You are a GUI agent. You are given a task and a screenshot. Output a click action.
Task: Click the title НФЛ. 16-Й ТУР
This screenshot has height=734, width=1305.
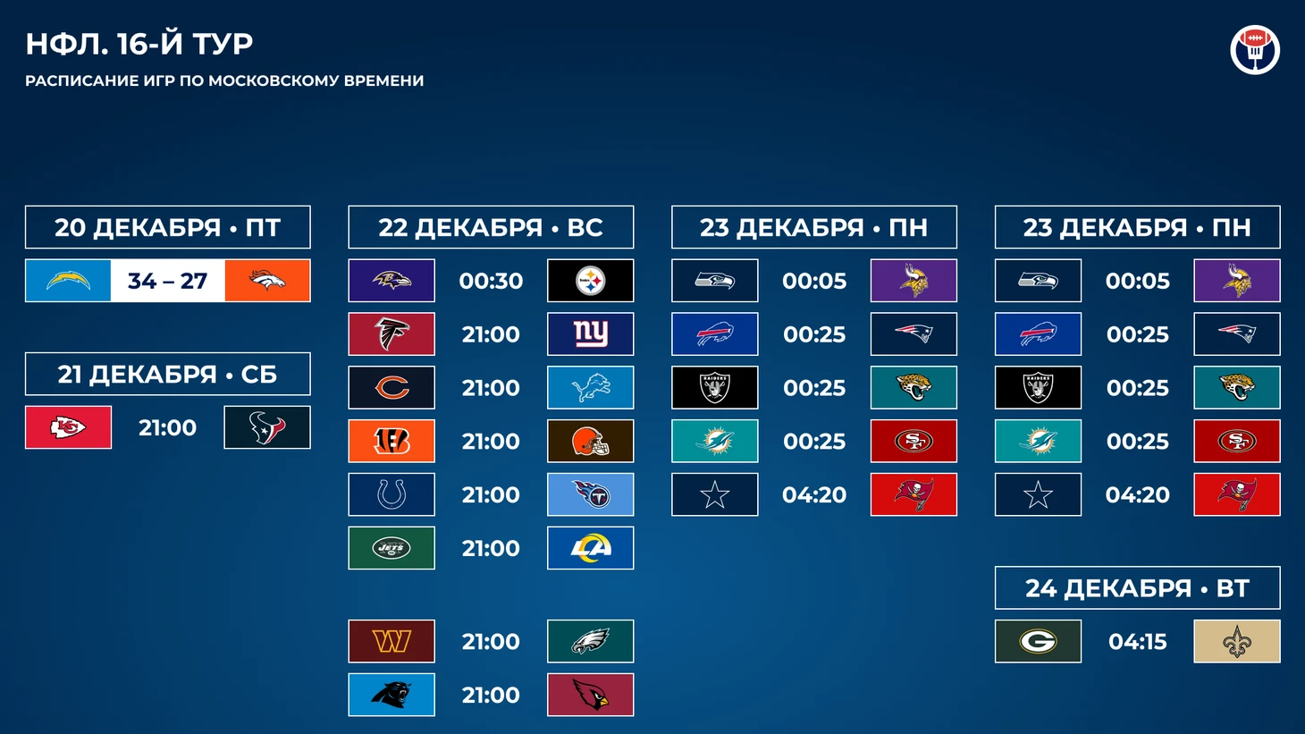[139, 44]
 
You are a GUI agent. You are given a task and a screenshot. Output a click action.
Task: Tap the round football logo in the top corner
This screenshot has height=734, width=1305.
[1255, 49]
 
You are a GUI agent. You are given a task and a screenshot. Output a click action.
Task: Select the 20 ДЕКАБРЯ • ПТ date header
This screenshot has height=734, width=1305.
[168, 227]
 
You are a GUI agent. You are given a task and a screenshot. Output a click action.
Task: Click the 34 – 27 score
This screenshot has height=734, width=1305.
[168, 281]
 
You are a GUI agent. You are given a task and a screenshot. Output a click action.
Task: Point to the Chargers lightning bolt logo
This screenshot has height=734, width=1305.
[68, 281]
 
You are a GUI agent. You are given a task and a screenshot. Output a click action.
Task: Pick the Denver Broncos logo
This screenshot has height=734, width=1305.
[267, 281]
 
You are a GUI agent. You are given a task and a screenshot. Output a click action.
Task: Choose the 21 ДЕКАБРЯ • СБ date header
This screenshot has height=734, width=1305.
[168, 374]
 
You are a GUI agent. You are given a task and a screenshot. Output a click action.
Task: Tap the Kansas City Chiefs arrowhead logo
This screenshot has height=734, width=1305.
[68, 427]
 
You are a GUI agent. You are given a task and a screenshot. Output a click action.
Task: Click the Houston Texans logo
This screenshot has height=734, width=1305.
[267, 427]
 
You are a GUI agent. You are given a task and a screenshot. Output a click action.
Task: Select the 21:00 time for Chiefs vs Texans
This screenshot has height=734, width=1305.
[168, 427]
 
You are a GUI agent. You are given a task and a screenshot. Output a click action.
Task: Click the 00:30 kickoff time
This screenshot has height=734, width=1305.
[491, 281]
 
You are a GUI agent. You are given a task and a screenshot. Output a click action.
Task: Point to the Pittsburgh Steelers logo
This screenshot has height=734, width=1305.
[591, 281]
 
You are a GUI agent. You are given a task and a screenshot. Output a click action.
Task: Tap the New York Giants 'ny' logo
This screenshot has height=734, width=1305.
[591, 334]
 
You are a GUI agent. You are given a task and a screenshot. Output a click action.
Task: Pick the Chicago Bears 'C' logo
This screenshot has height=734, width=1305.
[391, 388]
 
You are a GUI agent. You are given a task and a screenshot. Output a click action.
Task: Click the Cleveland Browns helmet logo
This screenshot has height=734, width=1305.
[591, 441]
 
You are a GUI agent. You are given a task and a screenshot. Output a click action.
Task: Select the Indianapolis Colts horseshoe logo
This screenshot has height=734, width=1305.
[391, 494]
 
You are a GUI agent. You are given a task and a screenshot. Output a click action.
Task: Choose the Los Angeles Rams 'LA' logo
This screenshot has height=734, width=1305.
[591, 548]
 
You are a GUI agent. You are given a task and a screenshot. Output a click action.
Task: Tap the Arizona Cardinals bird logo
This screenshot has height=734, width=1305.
[591, 695]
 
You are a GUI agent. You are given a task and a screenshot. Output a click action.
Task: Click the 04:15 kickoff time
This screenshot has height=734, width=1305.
[1137, 641]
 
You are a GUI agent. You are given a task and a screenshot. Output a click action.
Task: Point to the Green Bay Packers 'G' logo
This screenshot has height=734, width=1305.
[1038, 641]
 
